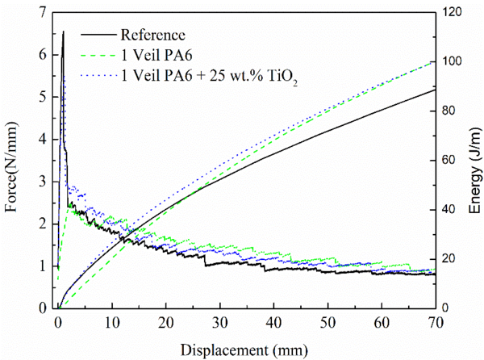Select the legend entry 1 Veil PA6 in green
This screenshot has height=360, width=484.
(x=156, y=56)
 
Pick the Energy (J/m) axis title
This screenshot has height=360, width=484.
(x=474, y=161)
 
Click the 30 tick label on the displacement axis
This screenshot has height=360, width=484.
(x=219, y=321)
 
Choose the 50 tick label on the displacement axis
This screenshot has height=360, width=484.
(x=328, y=321)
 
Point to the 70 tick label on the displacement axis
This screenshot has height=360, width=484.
(x=436, y=321)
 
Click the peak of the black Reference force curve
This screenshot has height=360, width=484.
(x=63, y=32)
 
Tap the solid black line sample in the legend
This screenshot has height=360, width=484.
(x=98, y=36)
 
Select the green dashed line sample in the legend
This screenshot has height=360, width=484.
(x=98, y=56)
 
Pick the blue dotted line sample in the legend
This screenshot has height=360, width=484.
(x=98, y=75)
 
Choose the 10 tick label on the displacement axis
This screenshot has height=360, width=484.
(x=111, y=321)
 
